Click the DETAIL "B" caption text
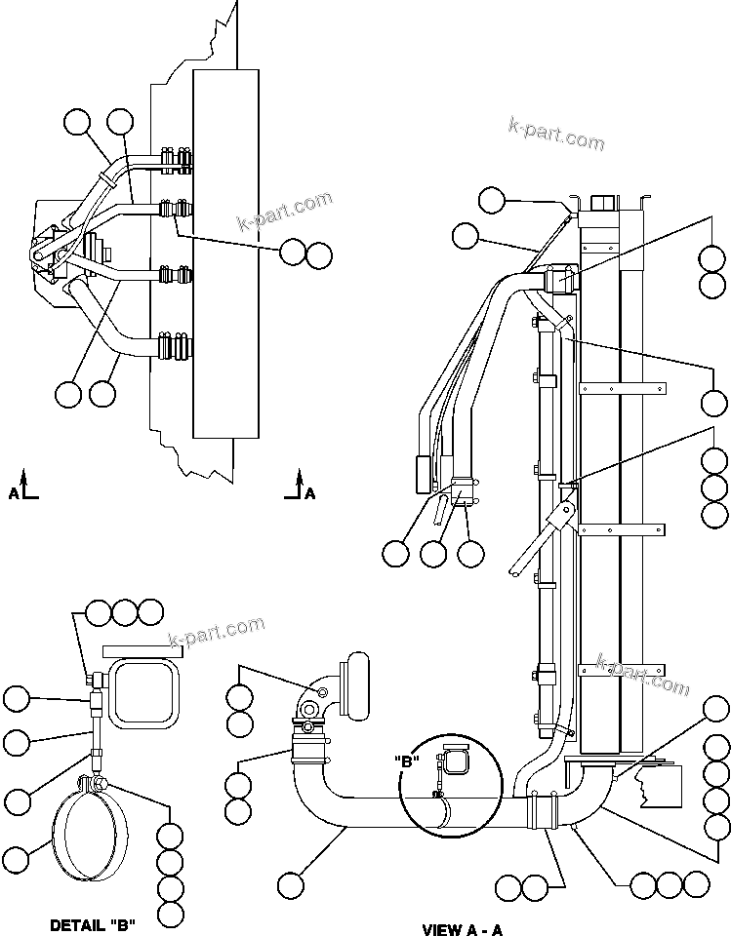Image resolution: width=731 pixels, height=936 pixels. tap(94, 924)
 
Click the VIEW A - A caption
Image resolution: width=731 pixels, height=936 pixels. tap(463, 929)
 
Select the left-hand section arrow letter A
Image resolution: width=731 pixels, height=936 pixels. tap(15, 493)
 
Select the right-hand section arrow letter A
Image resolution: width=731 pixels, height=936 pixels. tap(310, 493)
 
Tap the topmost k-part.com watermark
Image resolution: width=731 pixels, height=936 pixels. tap(556, 135)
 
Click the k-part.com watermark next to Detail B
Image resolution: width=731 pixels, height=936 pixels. tap(217, 632)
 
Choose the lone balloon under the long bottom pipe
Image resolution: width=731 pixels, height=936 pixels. tap(290, 885)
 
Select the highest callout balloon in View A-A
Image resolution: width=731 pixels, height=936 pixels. tap(493, 201)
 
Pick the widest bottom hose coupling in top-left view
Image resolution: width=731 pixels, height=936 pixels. tap(176, 348)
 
